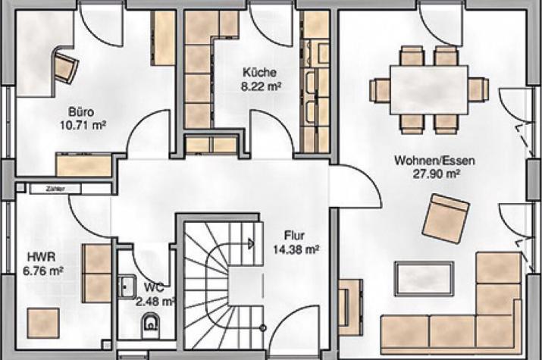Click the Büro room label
pos(81,112)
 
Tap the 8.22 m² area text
pos(261,86)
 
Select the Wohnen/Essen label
pos(434,161)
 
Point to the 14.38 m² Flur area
pos(296,249)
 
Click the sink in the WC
pos(127,287)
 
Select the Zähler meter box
pos(55,189)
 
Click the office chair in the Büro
pos(66,67)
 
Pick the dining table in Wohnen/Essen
pos(429,90)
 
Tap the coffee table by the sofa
pos(425,279)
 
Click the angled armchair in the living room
pos(446,218)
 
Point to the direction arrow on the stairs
pos(252,244)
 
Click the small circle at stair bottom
pos(263,328)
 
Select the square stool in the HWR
pos(43,324)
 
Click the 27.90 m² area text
pos(436,174)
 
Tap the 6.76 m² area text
pos(43,271)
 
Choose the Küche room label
pos(259,73)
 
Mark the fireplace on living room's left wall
pos(350,308)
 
